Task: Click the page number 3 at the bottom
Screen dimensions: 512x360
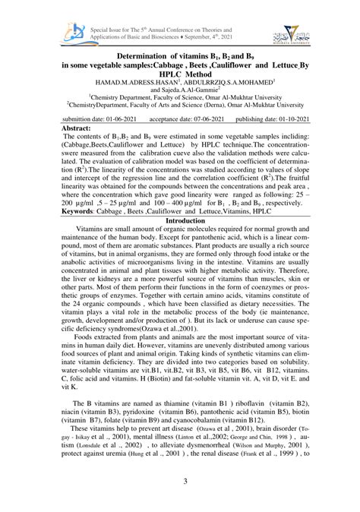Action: [179, 482]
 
